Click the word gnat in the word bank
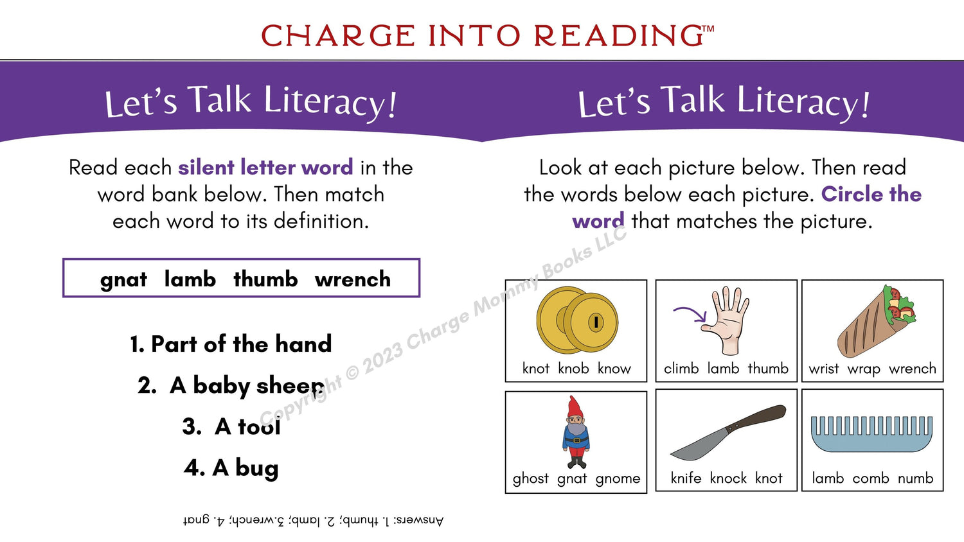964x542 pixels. (123, 280)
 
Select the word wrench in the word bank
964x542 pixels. (353, 279)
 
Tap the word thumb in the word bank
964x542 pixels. (265, 279)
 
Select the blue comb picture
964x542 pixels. (872, 433)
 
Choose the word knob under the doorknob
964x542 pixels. (573, 368)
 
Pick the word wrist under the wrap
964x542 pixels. (824, 369)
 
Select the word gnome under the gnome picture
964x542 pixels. (618, 479)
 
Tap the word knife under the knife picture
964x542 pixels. (686, 478)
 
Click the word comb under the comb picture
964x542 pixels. (871, 478)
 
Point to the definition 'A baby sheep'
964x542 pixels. (231, 385)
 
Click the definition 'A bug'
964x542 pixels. (231, 468)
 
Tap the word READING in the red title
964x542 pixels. (619, 35)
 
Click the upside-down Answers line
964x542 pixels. (313, 521)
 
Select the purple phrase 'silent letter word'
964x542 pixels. (265, 167)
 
